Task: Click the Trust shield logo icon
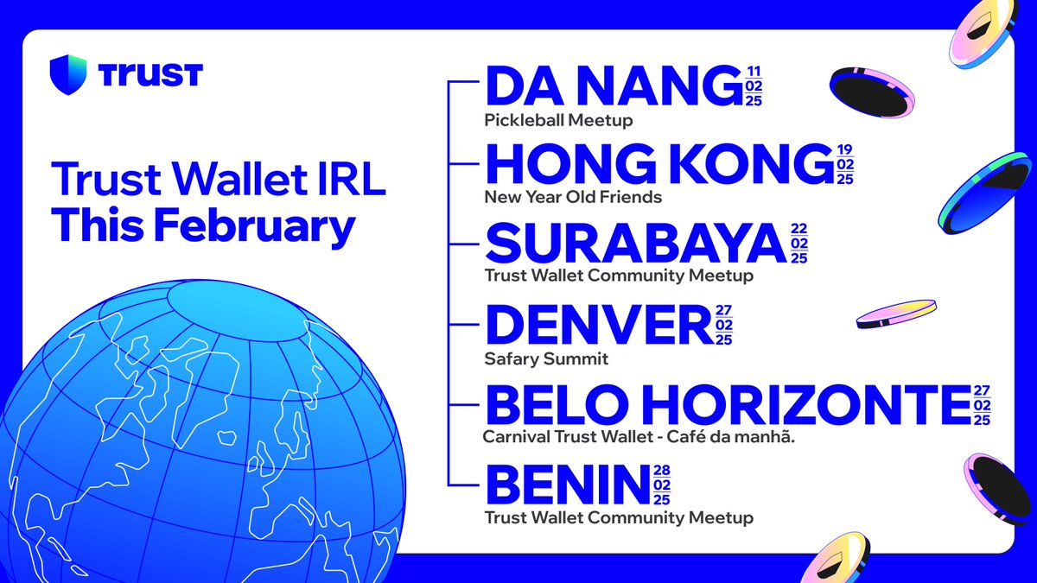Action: [x=68, y=74]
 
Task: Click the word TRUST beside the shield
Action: [x=150, y=75]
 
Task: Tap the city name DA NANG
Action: [x=614, y=86]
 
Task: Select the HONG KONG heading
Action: [x=659, y=164]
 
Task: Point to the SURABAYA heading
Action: [x=636, y=243]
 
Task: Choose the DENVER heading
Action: [x=600, y=324]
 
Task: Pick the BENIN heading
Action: [x=568, y=485]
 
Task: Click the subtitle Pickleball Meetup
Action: [x=558, y=120]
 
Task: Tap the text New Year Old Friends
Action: [x=573, y=197]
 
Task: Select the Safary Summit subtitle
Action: [x=546, y=358]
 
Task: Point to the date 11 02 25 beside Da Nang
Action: [x=754, y=86]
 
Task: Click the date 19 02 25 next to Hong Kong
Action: [x=845, y=164]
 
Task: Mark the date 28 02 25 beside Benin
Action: [x=662, y=485]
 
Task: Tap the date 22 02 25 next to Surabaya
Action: [x=799, y=244]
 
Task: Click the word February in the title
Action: [x=254, y=225]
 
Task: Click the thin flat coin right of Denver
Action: [x=896, y=314]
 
